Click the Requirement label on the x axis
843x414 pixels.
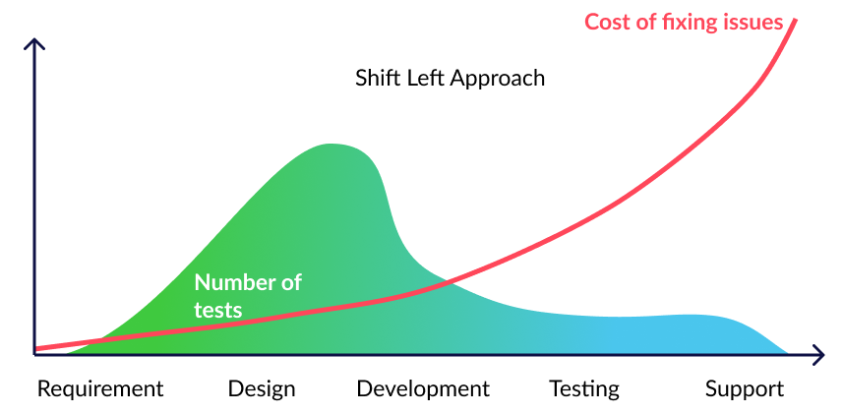pos(100,388)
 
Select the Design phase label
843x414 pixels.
pos(262,388)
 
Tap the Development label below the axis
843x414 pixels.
pos(423,388)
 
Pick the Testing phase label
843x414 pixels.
pos(584,388)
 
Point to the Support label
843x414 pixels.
pos(745,388)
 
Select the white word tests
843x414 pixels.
pos(217,310)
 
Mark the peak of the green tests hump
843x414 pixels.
pos(331,145)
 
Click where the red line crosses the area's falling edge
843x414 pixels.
pos(448,280)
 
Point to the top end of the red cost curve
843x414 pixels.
pos(795,21)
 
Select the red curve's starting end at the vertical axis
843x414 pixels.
pos(35,349)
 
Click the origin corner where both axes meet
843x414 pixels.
pos(34,354)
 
